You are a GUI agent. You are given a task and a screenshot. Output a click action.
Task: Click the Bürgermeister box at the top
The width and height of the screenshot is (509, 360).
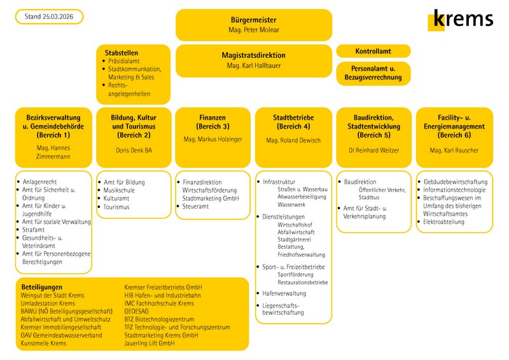[253, 25]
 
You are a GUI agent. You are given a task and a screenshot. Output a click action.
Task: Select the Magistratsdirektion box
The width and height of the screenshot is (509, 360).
[253, 60]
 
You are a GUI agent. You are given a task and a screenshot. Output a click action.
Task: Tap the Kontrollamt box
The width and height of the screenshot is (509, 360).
[373, 51]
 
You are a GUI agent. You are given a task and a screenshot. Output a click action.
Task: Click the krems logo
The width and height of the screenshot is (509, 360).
[461, 19]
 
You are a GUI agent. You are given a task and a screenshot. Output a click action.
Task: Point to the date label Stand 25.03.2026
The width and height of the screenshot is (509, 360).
[49, 17]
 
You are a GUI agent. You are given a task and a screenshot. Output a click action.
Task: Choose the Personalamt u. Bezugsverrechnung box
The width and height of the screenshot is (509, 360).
[373, 73]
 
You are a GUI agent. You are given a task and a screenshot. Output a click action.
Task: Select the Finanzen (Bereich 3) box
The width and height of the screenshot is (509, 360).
[213, 136]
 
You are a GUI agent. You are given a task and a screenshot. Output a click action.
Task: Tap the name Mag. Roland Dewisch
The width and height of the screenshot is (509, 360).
[293, 140]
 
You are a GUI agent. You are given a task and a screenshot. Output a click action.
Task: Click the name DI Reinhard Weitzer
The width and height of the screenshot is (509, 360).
[373, 150]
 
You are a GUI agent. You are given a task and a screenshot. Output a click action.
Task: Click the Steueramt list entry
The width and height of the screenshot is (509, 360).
[198, 207]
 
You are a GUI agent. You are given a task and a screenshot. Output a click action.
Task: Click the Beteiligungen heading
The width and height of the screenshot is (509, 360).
[42, 287]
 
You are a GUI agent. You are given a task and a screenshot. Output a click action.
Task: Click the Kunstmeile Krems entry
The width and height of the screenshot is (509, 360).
[43, 343]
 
